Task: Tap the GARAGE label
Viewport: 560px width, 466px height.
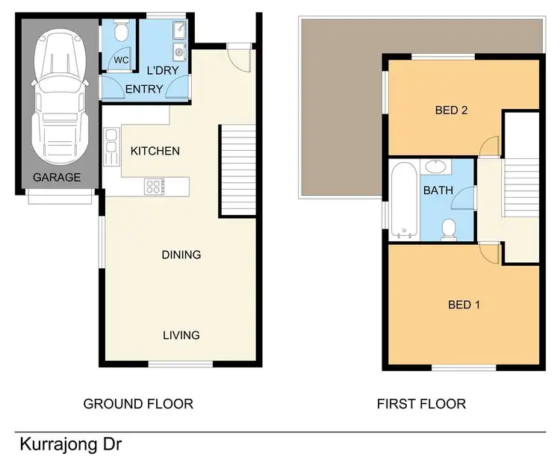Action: (56, 178)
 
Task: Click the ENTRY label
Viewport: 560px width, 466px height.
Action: (143, 90)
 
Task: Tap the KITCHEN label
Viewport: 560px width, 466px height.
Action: (155, 151)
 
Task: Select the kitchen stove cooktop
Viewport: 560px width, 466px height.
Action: (155, 185)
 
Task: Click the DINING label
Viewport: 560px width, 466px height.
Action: (181, 255)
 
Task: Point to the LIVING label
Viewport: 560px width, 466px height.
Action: (181, 335)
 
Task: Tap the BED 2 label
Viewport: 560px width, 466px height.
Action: (451, 111)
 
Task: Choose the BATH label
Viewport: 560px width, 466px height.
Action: (438, 190)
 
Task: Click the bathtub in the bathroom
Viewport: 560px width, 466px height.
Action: (403, 199)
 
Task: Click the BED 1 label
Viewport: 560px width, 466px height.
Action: (464, 305)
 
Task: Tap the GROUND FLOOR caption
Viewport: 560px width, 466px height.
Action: (138, 404)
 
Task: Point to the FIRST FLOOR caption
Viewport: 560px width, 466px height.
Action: (421, 404)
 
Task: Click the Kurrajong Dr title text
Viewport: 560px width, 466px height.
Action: (70, 445)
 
